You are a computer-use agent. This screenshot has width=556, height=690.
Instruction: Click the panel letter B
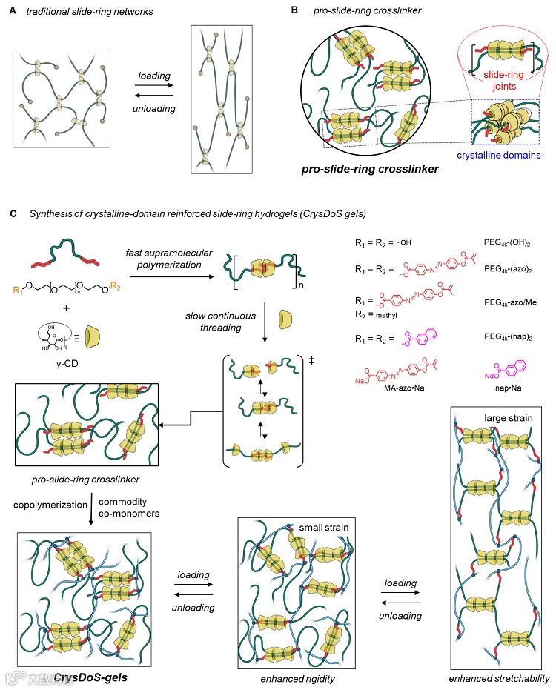pos(294,12)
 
